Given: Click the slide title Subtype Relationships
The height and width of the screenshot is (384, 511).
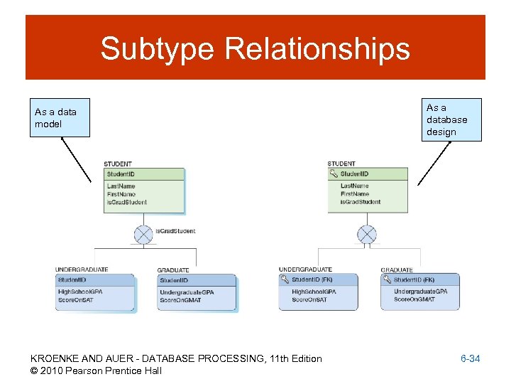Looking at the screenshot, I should click(x=255, y=49).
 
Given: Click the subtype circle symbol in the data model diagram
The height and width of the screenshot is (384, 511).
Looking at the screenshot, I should click(x=143, y=235).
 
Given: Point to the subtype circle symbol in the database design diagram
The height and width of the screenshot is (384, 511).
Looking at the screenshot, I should click(x=366, y=234).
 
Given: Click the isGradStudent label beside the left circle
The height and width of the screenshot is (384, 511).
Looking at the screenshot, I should click(x=175, y=231).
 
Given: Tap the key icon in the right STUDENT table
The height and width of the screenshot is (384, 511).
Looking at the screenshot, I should click(x=334, y=174).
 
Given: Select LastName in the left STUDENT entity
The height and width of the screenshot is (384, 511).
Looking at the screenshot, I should click(x=121, y=186).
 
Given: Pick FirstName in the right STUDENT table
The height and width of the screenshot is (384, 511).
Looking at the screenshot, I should click(x=355, y=194).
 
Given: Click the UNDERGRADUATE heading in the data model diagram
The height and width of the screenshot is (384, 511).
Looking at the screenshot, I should click(x=82, y=270).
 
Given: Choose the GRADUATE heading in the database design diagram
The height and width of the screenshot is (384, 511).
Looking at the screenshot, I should click(x=397, y=270).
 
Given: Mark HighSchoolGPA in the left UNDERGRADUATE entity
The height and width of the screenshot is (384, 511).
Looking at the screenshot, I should click(x=80, y=292).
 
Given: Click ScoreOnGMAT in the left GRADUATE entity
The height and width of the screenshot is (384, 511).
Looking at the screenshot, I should click(x=180, y=300).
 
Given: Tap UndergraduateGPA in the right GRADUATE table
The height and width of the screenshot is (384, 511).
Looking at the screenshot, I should click(x=420, y=292).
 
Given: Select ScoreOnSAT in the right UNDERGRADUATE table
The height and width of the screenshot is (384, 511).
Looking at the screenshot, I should click(x=309, y=299).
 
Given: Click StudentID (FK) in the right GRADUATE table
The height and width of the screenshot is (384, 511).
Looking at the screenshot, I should click(x=414, y=280).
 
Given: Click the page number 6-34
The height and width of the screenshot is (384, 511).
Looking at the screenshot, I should click(x=470, y=359).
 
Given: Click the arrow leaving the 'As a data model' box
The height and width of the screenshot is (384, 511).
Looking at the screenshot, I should click(x=77, y=160).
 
